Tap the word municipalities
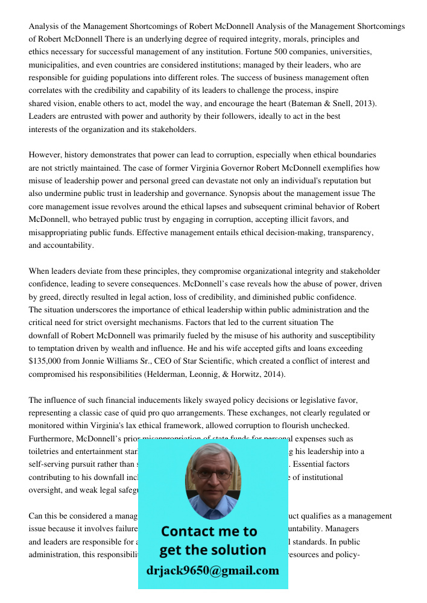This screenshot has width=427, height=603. pyautogui.click(x=56, y=65)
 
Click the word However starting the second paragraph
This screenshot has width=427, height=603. pyautogui.click(x=45, y=155)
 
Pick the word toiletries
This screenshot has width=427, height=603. pyautogui.click(x=46, y=451)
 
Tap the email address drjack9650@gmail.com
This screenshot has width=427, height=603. pyautogui.click(x=212, y=570)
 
